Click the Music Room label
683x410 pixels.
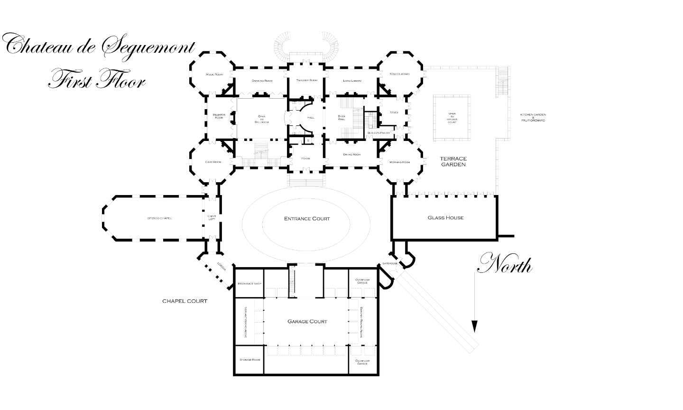[214, 75]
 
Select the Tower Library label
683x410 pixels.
[400, 74]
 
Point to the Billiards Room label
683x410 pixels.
[218, 117]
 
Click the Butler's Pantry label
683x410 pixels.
[378, 133]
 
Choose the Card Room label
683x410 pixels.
[213, 162]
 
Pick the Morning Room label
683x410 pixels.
[399, 162]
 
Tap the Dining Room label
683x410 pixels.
[352, 155]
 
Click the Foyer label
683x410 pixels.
[305, 158]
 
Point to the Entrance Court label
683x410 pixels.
[307, 219]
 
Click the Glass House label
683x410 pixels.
[445, 218]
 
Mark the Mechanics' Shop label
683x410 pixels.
[249, 284]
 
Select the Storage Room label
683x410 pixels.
[249, 360]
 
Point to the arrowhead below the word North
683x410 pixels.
[474, 326]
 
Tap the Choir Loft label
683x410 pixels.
[212, 217]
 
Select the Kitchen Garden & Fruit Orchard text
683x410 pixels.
[532, 118]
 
